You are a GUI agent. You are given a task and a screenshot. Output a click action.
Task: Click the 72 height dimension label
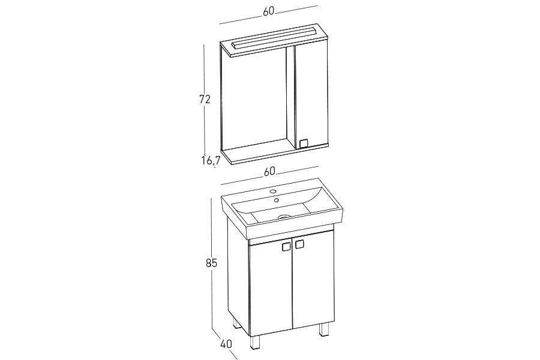click(205, 99)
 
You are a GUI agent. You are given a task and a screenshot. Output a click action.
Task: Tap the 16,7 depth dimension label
click(211, 160)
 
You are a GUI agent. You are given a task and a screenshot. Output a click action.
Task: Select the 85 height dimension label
click(211, 263)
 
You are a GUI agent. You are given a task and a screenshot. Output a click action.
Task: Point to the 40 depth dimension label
click(226, 344)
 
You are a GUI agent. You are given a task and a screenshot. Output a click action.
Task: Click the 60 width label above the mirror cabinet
click(269, 11)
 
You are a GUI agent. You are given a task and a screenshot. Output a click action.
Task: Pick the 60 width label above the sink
click(269, 171)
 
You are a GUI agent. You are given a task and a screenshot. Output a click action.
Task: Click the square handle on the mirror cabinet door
click(304, 143)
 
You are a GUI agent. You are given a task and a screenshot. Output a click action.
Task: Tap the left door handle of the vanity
click(286, 247)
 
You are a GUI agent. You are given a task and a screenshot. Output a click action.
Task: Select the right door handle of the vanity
click(299, 244)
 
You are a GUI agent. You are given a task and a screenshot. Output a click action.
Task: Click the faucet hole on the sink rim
click(273, 191)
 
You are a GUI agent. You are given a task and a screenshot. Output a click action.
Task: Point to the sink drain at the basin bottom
click(283, 217)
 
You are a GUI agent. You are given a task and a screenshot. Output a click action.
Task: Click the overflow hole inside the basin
click(276, 200)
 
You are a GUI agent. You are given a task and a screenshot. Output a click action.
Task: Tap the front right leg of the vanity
click(324, 329)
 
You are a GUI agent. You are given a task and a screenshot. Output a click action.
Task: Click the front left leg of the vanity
click(255, 343)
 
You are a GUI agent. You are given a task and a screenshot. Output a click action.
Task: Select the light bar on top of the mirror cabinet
click(274, 38)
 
